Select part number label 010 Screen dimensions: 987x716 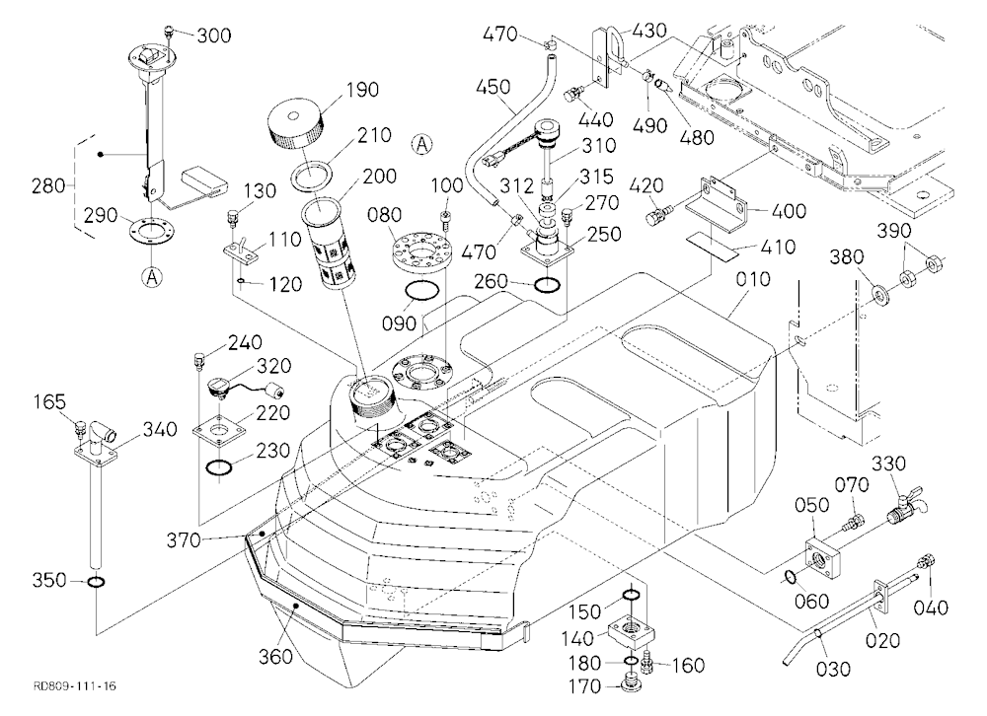pos(752,279)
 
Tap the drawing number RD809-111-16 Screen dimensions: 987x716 pos(75,685)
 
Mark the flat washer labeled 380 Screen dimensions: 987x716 pos(880,294)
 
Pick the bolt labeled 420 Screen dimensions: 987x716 pos(658,214)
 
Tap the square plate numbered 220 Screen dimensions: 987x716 pos(219,432)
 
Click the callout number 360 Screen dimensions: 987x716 pos(275,656)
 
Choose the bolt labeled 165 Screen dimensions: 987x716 pos(80,428)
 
